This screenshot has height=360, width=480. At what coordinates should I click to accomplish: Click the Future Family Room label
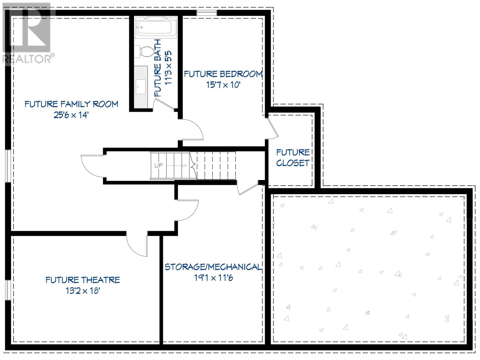tap(71, 104)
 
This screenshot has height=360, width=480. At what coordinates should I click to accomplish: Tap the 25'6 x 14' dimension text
tap(71, 115)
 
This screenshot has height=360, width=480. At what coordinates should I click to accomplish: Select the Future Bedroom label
tap(223, 74)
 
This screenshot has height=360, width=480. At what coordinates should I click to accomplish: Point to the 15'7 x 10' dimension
tap(223, 85)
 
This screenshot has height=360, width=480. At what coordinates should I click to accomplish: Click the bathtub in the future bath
tap(156, 28)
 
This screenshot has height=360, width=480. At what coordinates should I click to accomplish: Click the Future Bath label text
tap(158, 68)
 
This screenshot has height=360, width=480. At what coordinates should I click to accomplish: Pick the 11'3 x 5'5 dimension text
tap(168, 68)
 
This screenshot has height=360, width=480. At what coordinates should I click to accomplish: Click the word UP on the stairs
tap(158, 166)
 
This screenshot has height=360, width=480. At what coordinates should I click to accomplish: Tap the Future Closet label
tap(292, 157)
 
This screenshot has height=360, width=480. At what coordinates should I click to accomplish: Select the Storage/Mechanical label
tap(213, 267)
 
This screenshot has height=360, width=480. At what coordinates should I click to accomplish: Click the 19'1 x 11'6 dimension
tap(214, 278)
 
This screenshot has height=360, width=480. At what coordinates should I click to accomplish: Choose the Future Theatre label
tap(83, 280)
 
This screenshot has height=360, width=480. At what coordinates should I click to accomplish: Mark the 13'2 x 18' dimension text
tap(83, 291)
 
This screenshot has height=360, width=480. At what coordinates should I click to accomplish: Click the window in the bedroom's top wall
tap(206, 13)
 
